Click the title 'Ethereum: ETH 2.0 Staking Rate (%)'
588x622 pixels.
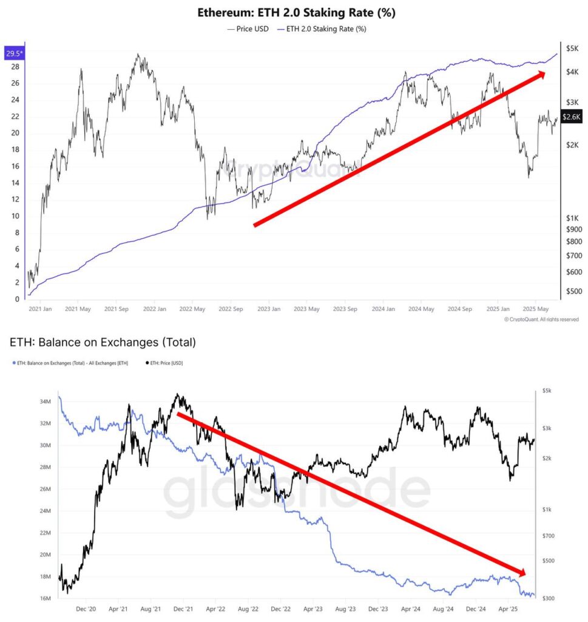coord(297,12)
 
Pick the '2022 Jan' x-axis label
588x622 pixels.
coord(154,309)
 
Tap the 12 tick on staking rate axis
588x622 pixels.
coord(15,200)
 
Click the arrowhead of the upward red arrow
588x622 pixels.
coord(539,75)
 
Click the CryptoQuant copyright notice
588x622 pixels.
coord(541,320)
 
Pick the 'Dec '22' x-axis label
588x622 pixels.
coord(280,608)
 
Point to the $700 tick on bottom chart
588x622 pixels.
coord(549,536)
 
